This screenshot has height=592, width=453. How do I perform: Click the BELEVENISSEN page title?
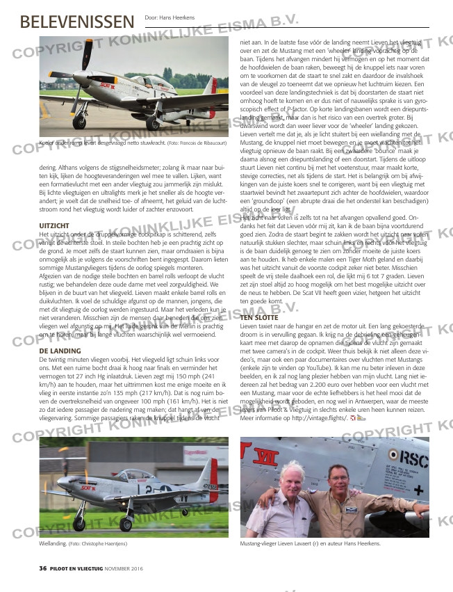click(76, 22)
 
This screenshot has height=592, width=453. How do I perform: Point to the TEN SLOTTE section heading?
click(260, 317)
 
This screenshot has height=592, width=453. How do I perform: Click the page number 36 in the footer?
click(42, 568)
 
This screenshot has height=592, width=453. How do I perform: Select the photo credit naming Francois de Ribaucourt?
click(187, 144)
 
